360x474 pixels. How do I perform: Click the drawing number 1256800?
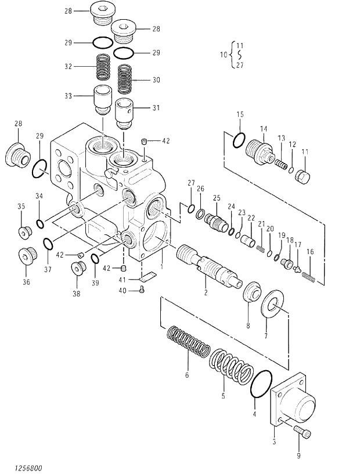click(x=24, y=467)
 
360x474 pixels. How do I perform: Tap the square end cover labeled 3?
click(x=293, y=401)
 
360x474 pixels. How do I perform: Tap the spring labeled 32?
click(x=103, y=67)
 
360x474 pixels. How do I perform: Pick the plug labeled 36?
click(x=26, y=256)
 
